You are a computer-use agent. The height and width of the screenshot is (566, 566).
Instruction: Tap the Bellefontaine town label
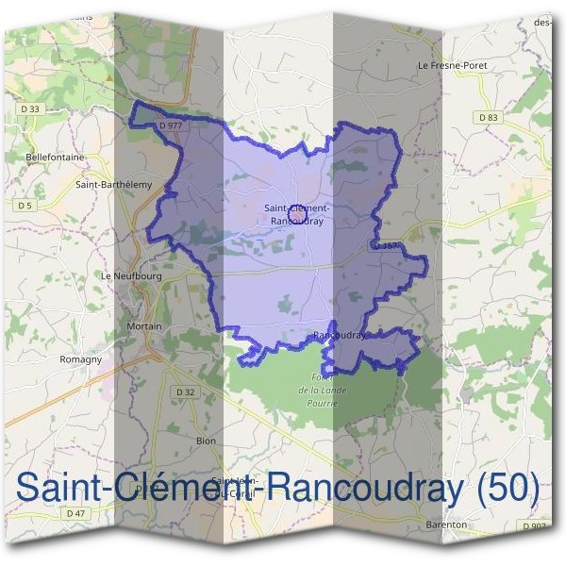click(56, 157)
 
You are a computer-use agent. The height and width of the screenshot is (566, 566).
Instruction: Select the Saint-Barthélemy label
click(113, 185)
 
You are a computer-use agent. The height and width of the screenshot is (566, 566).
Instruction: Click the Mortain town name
click(144, 326)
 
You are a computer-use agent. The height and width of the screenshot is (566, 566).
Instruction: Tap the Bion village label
click(206, 441)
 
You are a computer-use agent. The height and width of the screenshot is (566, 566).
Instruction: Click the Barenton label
click(447, 524)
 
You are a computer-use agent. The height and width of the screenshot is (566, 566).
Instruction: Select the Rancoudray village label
click(338, 335)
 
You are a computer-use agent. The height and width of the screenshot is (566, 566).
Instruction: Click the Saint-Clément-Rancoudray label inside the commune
click(296, 214)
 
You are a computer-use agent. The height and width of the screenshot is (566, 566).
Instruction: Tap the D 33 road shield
click(31, 109)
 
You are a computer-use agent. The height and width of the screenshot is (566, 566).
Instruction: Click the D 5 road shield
click(24, 205)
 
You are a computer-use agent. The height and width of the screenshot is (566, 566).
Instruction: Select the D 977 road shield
click(171, 125)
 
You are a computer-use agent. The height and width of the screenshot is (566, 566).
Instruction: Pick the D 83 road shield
click(488, 117)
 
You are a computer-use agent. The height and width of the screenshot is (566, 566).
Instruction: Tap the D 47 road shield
click(76, 513)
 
